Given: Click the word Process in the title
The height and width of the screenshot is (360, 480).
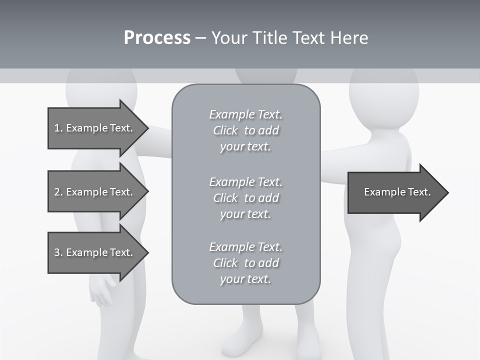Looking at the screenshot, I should coord(157,38).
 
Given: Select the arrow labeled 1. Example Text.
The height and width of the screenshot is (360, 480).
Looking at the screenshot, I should coord(95,128).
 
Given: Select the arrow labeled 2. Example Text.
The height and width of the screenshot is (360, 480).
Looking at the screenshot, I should coord(95,192).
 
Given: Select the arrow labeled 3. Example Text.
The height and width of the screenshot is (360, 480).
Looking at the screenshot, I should coord(95,252).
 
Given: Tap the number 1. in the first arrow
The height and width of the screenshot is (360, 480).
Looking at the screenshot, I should coord(58,128).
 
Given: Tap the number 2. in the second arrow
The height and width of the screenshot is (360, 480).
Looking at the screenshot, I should coord(58,192).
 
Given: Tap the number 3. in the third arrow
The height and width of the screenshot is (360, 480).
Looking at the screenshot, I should coord(58,252).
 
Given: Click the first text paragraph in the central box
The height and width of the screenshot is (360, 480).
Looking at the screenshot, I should coord(245,130).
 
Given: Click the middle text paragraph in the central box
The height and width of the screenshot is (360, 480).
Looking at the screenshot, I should coord(245,198).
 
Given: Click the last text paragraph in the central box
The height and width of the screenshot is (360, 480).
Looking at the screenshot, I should coord(245,263).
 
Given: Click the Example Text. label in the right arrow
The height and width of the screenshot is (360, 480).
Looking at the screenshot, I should coord(397,192).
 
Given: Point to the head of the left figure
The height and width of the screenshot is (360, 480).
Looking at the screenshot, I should coord(101,85).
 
